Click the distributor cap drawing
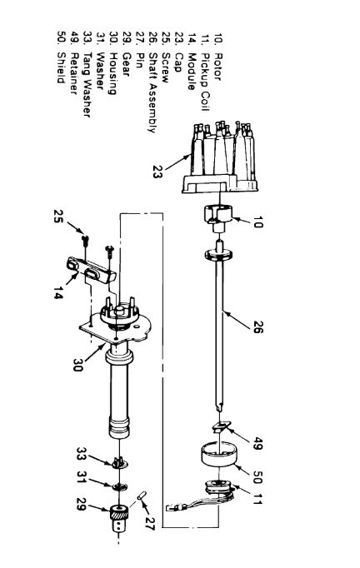pyautogui.click(x=220, y=159)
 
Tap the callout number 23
pyautogui.click(x=158, y=172)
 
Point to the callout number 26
pyautogui.click(x=257, y=326)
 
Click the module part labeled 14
pyautogui.click(x=89, y=270)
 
